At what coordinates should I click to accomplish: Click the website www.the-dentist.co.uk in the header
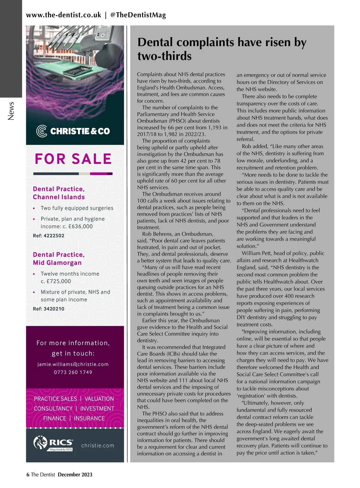tap(64, 15)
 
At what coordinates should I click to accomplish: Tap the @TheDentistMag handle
tap(138, 15)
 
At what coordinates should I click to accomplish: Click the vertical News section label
tap(11, 111)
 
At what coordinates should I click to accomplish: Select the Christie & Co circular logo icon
tap(41, 131)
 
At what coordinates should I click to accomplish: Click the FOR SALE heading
tap(73, 159)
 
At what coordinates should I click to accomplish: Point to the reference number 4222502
tap(54, 236)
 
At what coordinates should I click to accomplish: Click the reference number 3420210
tap(54, 309)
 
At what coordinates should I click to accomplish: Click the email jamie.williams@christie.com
tap(73, 364)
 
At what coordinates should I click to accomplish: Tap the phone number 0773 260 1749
tap(73, 372)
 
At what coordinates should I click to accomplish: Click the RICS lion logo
tap(40, 442)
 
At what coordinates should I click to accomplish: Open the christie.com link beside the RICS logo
tap(98, 445)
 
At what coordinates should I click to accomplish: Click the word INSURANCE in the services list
tap(89, 418)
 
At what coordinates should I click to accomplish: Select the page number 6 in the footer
tap(28, 475)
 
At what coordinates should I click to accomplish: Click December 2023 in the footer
tap(75, 475)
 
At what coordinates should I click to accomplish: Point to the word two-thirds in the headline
tap(164, 56)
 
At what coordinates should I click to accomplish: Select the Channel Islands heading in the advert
tap(59, 197)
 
